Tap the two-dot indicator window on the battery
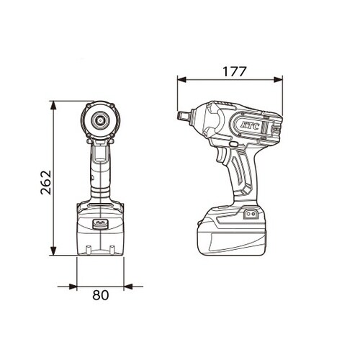coord(251,214)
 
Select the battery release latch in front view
coord(100,224)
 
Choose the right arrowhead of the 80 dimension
coord(127,287)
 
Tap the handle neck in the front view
coord(100,180)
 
